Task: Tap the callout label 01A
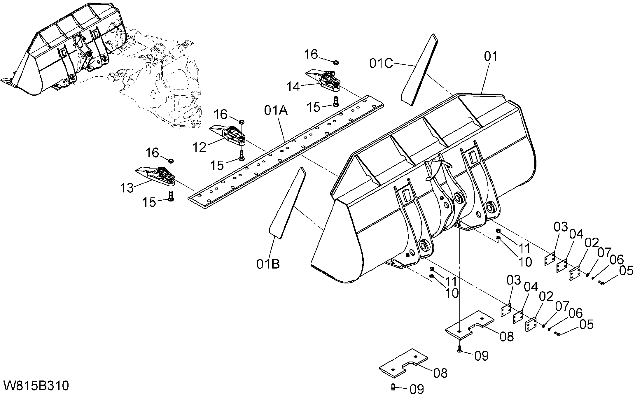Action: pyautogui.click(x=276, y=111)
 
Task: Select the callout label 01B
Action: pyautogui.click(x=268, y=264)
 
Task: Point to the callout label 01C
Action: pyautogui.click(x=382, y=63)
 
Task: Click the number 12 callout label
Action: pyautogui.click(x=200, y=148)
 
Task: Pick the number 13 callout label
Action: pyautogui.click(x=127, y=188)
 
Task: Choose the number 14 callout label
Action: pyautogui.click(x=293, y=87)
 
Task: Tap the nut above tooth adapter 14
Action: pyautogui.click(x=336, y=62)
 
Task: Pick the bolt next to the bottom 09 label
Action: pyautogui.click(x=393, y=387)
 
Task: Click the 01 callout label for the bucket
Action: pyautogui.click(x=491, y=56)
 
